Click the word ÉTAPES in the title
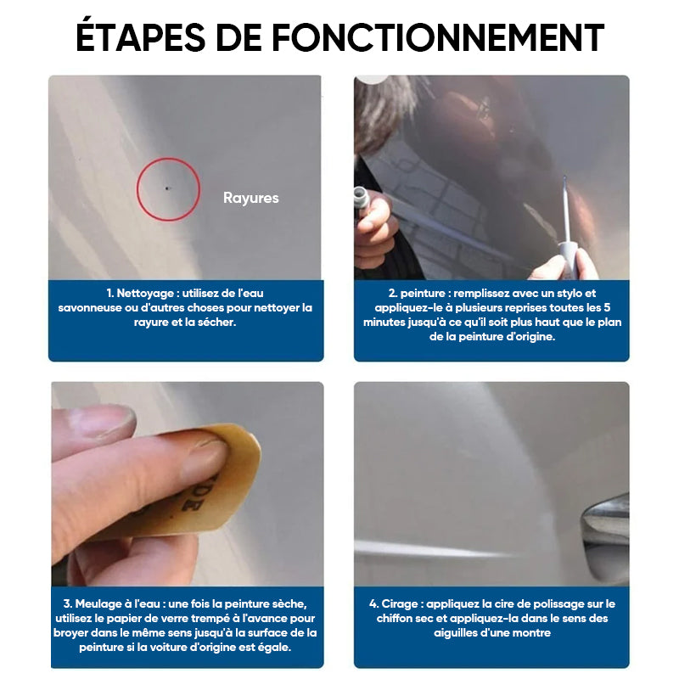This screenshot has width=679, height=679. point(140,36)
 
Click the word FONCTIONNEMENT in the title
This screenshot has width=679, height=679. point(438,37)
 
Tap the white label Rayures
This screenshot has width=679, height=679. point(250,198)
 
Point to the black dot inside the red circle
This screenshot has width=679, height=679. point(166,188)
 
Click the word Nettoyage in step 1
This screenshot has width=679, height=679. point(145,293)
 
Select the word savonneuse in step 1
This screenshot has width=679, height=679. point(90,308)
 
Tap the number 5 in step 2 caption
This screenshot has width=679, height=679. point(607,307)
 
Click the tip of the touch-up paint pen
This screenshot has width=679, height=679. point(564,177)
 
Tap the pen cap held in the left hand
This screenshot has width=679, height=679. point(362,199)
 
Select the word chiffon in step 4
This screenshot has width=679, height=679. point(395,619)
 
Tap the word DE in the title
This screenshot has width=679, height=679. point(238,37)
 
